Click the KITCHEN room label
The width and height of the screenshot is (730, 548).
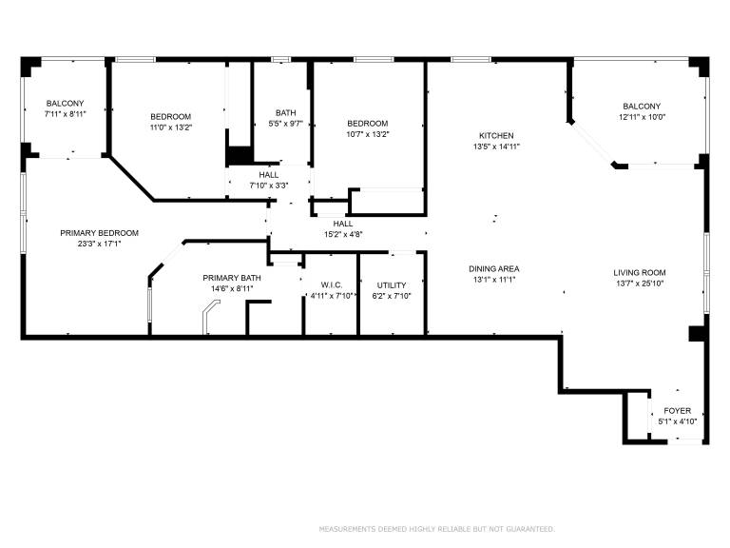click(496, 136)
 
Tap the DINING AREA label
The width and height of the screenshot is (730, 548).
click(494, 269)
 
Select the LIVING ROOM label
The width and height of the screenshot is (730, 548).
click(639, 273)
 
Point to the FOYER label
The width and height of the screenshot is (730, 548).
click(678, 411)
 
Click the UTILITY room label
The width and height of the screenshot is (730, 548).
click(392, 285)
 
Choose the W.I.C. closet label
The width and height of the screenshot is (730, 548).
click(332, 285)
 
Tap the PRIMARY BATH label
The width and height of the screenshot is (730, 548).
click(232, 278)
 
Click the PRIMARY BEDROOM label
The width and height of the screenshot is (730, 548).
click(99, 233)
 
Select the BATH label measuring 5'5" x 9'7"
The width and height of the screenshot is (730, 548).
click(285, 113)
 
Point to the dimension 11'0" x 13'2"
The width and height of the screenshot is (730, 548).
click(171, 127)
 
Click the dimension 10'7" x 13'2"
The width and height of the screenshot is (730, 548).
click(368, 134)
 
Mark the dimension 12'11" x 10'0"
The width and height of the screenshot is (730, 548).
click(642, 117)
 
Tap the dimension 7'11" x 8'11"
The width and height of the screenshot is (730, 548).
click(66, 114)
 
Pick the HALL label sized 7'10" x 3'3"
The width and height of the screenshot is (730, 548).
click(269, 175)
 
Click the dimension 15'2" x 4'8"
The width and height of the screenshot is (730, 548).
click(343, 234)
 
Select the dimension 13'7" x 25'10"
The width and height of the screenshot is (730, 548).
click(640, 284)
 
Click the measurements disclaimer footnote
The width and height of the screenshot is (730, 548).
click(436, 529)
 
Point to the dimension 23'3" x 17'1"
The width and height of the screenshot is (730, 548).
click(99, 244)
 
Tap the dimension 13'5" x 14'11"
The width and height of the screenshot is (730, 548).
click(496, 147)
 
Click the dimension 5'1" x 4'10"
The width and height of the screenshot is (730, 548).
click(678, 421)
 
